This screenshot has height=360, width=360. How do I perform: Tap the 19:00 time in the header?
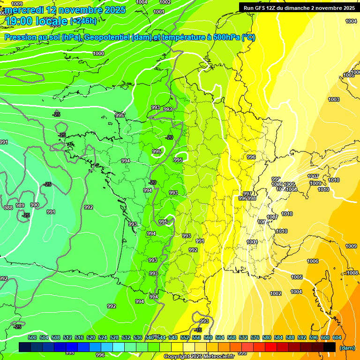18,21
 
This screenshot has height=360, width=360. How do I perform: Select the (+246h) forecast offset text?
83,21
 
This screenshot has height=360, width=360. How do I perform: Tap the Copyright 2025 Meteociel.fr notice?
198,357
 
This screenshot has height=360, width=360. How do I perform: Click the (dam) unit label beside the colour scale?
346,348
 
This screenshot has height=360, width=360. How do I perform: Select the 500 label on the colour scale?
32,337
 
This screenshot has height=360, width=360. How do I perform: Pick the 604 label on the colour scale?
337,337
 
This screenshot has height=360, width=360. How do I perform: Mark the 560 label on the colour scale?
208,337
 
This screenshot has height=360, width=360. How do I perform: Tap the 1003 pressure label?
333,99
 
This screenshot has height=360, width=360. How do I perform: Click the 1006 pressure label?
313,261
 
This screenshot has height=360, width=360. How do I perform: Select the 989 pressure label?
20,205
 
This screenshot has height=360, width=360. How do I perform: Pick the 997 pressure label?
247,194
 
